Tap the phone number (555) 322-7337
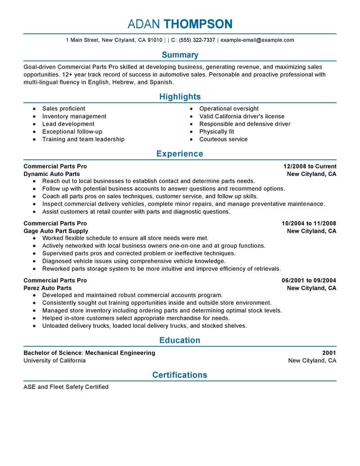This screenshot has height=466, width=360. click(x=197, y=40)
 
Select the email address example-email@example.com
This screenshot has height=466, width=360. click(x=257, y=40)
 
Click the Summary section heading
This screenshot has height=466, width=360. click(x=180, y=55)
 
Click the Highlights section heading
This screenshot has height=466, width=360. click(x=180, y=97)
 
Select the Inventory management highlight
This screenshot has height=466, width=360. click(x=74, y=116)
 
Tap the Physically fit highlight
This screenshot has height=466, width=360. click(x=216, y=131)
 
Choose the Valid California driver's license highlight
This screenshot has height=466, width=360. click(x=242, y=116)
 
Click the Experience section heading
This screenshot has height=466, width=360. click(x=180, y=154)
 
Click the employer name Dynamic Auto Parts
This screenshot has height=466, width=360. click(x=52, y=174)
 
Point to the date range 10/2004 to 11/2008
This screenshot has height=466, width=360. click(x=309, y=223)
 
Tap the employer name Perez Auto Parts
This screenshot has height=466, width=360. click(x=48, y=288)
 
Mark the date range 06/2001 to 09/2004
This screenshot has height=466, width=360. click(x=309, y=281)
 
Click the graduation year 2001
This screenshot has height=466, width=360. click(x=329, y=353)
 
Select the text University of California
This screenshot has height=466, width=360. click(x=54, y=361)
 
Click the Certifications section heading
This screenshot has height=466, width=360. click(x=180, y=375)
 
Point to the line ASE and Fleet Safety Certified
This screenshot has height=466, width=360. click(x=66, y=387)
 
